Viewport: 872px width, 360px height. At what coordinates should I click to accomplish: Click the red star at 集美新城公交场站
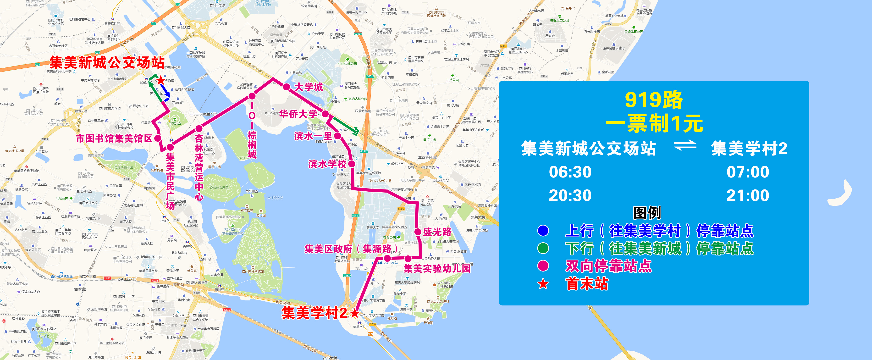[160, 80]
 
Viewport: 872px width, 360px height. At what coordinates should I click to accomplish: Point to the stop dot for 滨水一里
[337, 136]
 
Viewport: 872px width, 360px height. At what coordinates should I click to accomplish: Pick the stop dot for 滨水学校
[352, 164]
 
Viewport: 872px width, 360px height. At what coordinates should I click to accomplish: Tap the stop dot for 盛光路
[418, 232]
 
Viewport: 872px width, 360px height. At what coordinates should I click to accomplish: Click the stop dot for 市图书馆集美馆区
[158, 138]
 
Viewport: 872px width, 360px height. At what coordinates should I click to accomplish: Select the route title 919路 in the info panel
[654, 100]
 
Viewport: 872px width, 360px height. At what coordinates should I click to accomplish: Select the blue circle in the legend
[543, 231]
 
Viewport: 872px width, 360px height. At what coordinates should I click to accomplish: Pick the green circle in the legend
[543, 248]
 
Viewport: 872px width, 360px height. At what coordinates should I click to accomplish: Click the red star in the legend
[543, 284]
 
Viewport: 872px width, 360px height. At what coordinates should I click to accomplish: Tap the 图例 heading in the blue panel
[647, 213]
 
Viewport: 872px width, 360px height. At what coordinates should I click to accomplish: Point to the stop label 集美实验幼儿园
[437, 269]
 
